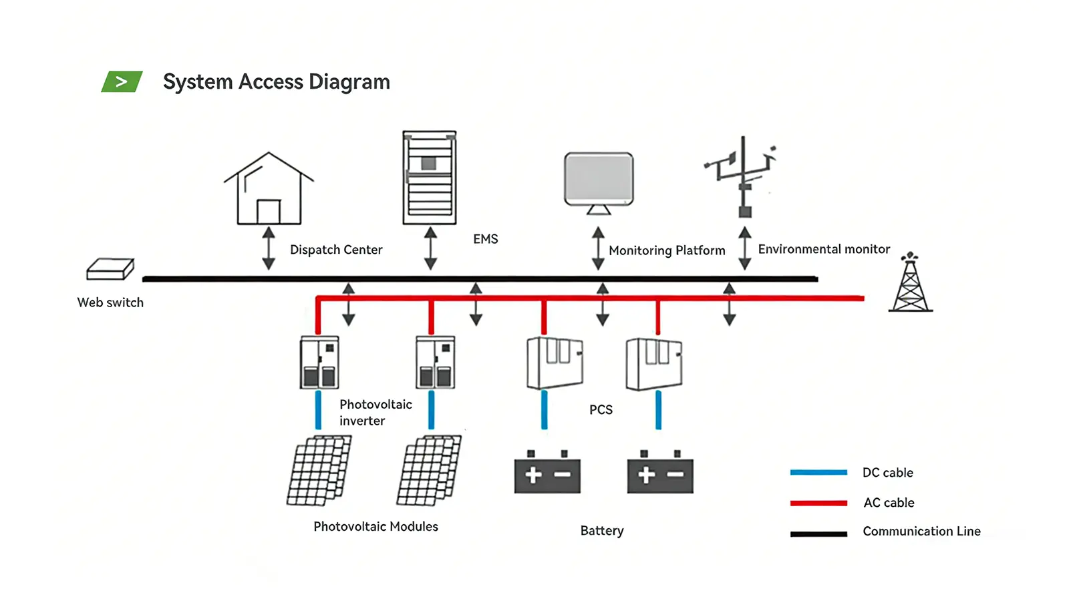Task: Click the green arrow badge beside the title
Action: click(122, 81)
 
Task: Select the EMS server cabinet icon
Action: click(430, 178)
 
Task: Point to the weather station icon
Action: click(742, 177)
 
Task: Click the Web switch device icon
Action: click(110, 269)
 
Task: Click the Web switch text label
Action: click(110, 303)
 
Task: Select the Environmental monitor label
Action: click(824, 249)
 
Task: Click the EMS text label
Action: click(486, 239)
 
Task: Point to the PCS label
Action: click(601, 409)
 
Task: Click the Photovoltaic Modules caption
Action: click(375, 526)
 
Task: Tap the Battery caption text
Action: click(602, 530)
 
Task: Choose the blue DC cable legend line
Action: click(818, 472)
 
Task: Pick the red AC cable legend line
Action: click(818, 503)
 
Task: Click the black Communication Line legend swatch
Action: click(818, 534)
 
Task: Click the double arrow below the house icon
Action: click(269, 248)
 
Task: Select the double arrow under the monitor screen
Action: click(598, 248)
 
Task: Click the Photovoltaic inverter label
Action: click(375, 413)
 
